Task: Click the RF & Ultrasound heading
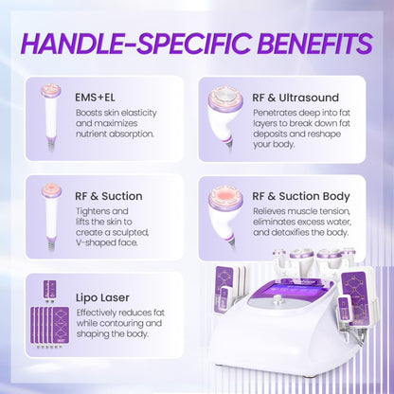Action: pyautogui.click(x=295, y=96)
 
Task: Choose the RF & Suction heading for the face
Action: pyautogui.click(x=108, y=196)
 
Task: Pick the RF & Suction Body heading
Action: pyautogui.click(x=301, y=196)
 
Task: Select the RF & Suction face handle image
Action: pyautogui.click(x=51, y=214)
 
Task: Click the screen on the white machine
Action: pyautogui.click(x=288, y=290)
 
